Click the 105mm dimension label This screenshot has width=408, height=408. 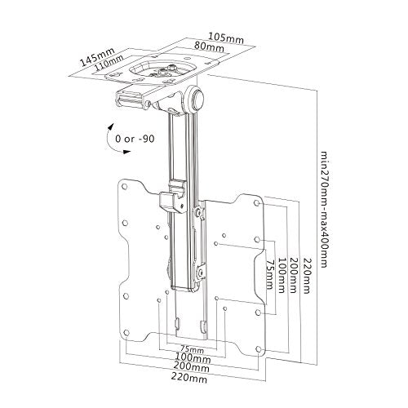point(226,38)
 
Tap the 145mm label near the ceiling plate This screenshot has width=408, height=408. point(98,57)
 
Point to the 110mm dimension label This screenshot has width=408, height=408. point(109,64)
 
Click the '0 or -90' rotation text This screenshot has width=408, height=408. point(135,139)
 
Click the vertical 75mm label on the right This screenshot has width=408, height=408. point(269,274)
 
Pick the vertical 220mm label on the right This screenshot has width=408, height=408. point(306,275)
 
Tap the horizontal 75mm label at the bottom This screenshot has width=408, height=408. point(193,348)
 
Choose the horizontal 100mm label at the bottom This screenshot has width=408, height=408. point(193,358)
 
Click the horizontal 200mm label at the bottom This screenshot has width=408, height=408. point(192,367)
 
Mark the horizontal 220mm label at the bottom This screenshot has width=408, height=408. point(189,378)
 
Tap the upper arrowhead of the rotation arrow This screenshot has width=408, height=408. point(111,127)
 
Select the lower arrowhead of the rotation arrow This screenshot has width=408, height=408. point(126,151)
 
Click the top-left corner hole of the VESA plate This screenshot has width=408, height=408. point(124,187)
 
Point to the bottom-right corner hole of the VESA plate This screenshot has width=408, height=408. point(259,349)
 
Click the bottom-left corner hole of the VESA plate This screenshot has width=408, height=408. point(126,332)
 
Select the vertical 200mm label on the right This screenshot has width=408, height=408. point(292,275)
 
